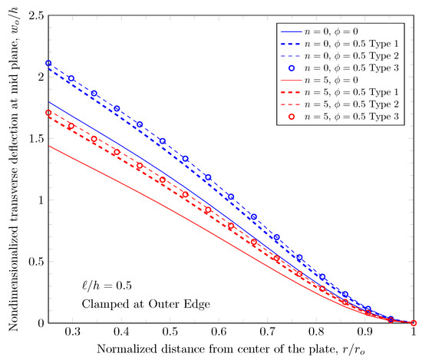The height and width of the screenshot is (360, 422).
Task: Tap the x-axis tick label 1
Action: (414, 334)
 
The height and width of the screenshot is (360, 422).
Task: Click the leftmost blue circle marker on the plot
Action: (49, 64)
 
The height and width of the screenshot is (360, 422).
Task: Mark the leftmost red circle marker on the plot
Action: (49, 113)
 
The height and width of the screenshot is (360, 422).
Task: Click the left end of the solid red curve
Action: (49, 146)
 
